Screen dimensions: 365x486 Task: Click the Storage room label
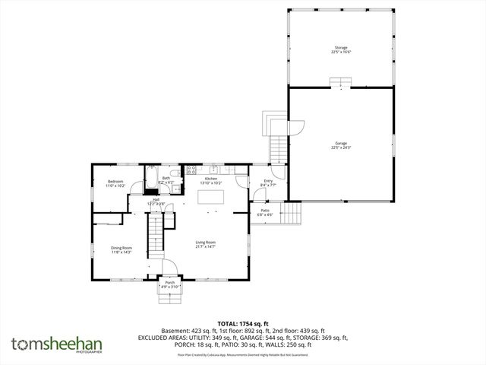342,49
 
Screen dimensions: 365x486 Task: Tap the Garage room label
342,144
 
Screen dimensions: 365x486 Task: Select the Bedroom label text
115,183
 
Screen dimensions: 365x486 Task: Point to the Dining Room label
121,250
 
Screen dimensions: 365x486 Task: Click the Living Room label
205,244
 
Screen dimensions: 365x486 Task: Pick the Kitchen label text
210,180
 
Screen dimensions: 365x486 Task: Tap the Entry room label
267,182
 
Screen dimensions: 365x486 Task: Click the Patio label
265,212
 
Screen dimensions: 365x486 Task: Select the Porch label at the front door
170,285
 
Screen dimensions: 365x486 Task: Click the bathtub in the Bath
151,179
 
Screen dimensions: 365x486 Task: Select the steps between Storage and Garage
339,82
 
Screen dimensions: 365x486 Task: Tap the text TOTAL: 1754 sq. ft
243,324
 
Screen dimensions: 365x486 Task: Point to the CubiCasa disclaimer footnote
243,354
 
